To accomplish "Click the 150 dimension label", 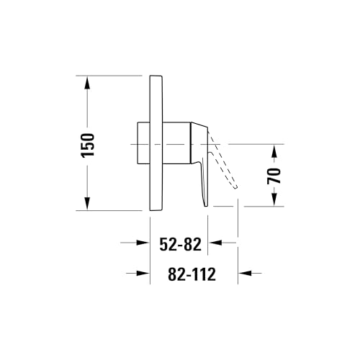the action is tap(88, 145).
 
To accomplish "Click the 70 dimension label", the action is tap(274, 176).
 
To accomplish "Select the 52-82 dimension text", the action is tap(181, 245).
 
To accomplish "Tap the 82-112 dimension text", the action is tap(192, 274).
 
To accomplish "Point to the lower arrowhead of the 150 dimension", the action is tap(87, 204).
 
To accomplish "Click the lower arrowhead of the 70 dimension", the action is tap(274, 199).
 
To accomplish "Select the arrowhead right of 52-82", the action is tap(215, 243).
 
